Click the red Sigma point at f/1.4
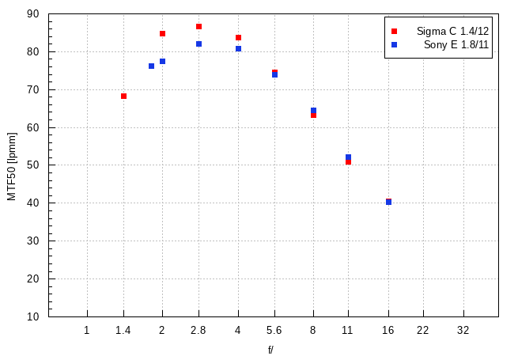[x=123, y=96]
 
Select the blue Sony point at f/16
[x=388, y=202]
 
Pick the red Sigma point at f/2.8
[x=199, y=27]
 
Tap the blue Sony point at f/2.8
[x=199, y=44]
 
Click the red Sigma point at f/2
[x=162, y=33]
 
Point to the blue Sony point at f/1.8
[x=151, y=66]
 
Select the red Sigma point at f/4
[x=238, y=38]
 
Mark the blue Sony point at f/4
[x=238, y=49]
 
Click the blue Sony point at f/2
[x=162, y=61]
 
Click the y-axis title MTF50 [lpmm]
[x=12, y=165]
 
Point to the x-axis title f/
[x=270, y=349]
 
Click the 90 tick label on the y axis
[x=32, y=14]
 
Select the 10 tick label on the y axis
[x=32, y=316]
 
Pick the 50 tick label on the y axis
[x=32, y=165]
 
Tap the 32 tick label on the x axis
[x=463, y=330]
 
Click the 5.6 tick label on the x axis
[x=274, y=330]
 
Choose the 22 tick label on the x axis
[x=423, y=330]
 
